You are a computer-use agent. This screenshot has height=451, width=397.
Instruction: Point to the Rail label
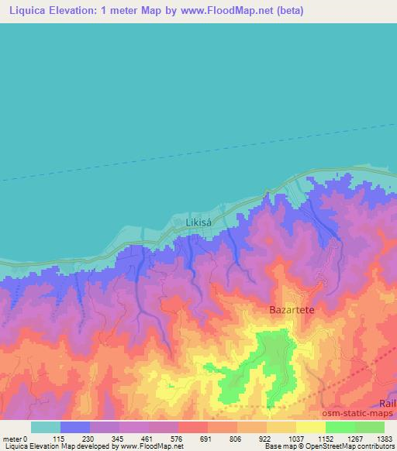click(387, 403)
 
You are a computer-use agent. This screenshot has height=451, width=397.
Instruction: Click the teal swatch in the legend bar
click(46, 427)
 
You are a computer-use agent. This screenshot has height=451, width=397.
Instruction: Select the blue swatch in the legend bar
click(75, 427)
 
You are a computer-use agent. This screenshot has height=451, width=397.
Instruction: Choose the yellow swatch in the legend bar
click(310, 427)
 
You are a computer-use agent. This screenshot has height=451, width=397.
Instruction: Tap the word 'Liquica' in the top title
click(23, 11)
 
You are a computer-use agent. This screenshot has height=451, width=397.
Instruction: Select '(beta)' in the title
click(287, 11)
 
